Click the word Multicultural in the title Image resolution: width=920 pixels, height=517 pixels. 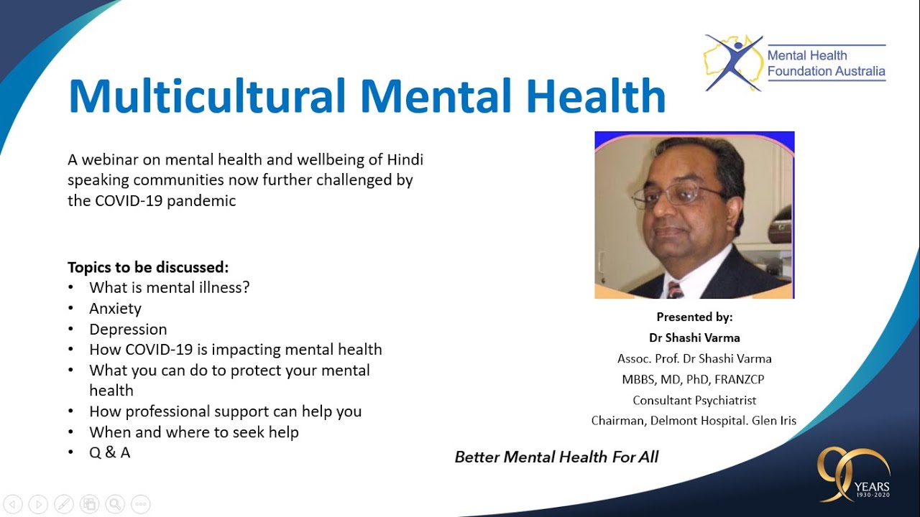click(206, 96)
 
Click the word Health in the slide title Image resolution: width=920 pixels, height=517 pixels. click(593, 96)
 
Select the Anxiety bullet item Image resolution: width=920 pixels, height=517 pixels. click(115, 309)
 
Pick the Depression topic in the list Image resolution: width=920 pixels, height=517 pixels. click(128, 330)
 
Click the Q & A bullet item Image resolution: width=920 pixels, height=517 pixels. click(109, 453)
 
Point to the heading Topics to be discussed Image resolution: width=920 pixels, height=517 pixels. click(148, 267)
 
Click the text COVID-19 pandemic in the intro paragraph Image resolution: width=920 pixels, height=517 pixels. click(165, 201)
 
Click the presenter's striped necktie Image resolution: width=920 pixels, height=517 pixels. click(675, 289)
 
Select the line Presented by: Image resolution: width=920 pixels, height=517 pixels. click(694, 317)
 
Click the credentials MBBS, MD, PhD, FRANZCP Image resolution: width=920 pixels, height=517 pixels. click(694, 379)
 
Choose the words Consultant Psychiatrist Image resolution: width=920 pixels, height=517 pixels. click(694, 400)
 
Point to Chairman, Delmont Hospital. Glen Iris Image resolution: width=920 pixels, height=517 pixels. click(694, 421)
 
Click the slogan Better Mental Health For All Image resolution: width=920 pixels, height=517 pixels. click(556, 457)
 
